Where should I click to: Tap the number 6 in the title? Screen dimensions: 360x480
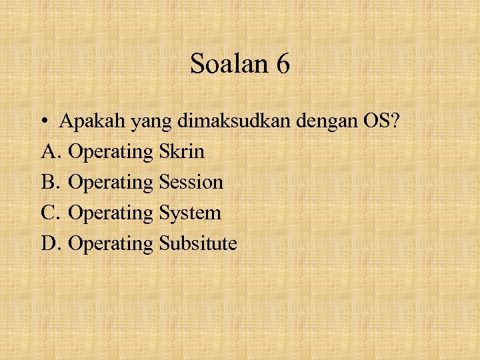[x=282, y=64]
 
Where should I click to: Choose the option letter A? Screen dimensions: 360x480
[x=51, y=152]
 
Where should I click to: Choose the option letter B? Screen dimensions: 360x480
[x=51, y=182]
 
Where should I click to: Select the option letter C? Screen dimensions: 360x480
[x=51, y=213]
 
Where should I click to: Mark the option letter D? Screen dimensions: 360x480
[x=51, y=243]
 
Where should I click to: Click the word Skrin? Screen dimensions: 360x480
[x=182, y=152]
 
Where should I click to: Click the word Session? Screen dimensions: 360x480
[x=191, y=182]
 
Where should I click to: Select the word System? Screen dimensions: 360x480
[x=190, y=213]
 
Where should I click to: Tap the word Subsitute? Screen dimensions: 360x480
[x=198, y=243]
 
